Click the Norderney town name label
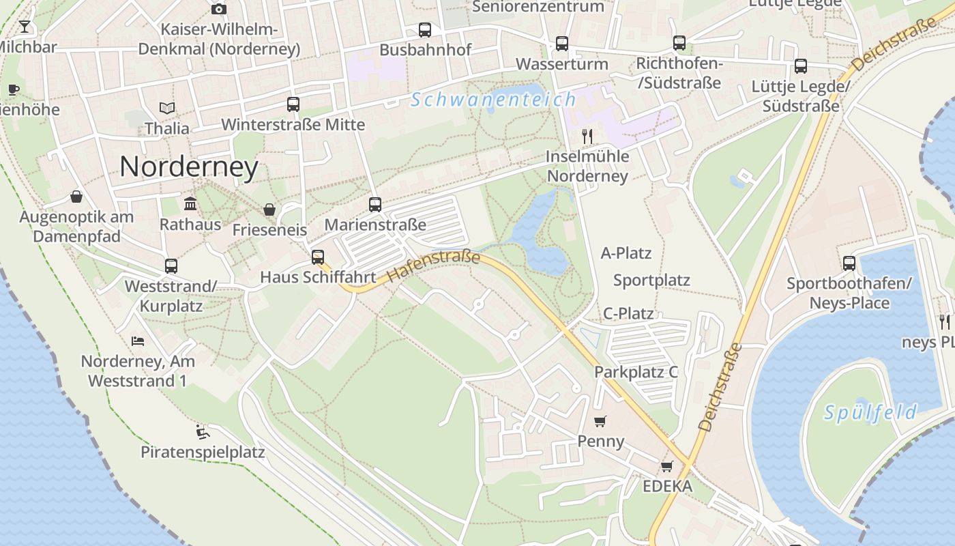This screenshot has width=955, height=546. (189, 167)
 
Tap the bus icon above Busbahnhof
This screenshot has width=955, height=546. (425, 30)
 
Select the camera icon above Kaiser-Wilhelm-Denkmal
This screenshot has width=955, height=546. (219, 9)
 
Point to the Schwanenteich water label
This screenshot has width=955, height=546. (493, 100)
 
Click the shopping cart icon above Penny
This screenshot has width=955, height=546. (600, 421)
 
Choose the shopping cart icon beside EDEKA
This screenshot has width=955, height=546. (666, 467)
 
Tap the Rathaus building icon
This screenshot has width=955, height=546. (190, 204)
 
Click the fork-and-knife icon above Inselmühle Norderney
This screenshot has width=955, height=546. (587, 136)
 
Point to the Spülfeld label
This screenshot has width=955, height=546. (870, 412)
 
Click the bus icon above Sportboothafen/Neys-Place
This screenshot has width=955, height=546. (849, 263)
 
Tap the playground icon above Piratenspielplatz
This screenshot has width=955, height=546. (202, 431)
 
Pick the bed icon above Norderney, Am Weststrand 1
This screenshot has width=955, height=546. (138, 341)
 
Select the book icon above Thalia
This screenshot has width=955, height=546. (167, 108)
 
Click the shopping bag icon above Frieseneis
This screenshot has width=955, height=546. (269, 210)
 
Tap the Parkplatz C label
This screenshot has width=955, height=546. (636, 372)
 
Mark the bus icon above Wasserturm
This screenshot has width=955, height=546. (562, 44)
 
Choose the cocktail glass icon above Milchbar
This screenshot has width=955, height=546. (25, 27)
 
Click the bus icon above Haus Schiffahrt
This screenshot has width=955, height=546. (318, 257)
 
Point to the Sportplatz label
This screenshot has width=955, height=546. (651, 281)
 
